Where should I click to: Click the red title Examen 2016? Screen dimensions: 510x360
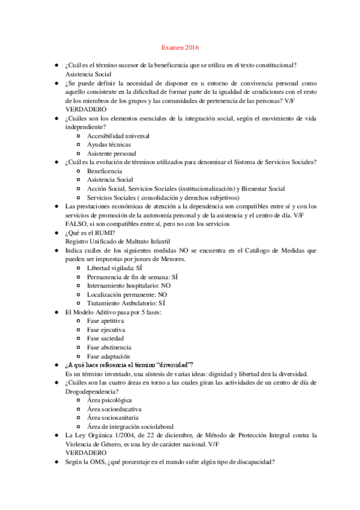point(180,47)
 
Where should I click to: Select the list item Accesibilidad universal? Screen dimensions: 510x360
point(118,137)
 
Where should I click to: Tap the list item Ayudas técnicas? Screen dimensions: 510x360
point(109,145)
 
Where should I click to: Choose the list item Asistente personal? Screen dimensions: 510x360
point(111,154)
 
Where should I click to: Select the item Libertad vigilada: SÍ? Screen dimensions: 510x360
point(115,268)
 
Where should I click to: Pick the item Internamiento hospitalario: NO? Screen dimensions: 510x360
point(129,286)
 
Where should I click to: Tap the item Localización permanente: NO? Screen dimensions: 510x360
point(127,295)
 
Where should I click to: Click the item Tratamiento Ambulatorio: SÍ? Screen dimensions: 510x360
point(126,304)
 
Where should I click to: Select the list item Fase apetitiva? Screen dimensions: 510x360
point(106,321)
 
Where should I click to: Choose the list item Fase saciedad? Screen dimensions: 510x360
point(106,339)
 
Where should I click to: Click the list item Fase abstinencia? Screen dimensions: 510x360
point(109,348)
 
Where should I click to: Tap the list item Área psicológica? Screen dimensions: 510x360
point(109,400)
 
